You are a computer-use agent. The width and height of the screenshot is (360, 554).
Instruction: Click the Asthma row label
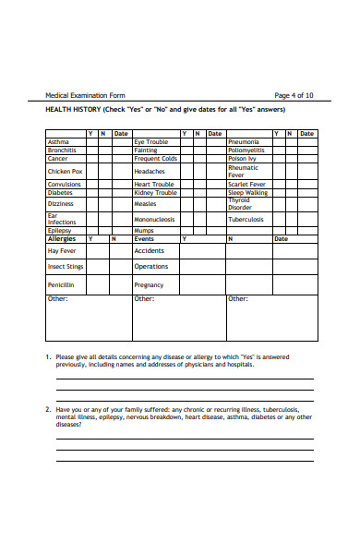[x=57, y=141]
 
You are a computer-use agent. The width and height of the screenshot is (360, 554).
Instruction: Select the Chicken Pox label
[x=65, y=171]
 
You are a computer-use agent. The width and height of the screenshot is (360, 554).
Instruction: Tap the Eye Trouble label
[x=151, y=141]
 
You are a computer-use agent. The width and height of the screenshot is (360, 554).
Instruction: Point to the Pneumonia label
[x=244, y=141]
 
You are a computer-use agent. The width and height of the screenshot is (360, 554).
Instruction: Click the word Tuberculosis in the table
[x=246, y=220]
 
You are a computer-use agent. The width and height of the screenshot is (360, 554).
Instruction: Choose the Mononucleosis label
[x=155, y=220]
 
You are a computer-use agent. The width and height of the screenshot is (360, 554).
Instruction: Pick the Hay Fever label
[x=61, y=250]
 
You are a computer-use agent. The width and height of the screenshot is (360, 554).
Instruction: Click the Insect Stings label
[x=66, y=267]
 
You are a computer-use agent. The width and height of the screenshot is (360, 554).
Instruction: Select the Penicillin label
[x=61, y=285]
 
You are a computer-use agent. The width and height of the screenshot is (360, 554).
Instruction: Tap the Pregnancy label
[x=149, y=285]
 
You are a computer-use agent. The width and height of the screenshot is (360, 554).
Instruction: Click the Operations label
[x=151, y=267]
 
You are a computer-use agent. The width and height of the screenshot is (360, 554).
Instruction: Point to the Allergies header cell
[x=61, y=238]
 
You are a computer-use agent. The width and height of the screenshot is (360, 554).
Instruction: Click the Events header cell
[x=144, y=238]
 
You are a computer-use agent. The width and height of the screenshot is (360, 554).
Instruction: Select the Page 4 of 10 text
[x=294, y=95]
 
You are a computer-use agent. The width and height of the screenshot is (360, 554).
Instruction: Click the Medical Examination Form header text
[x=85, y=95]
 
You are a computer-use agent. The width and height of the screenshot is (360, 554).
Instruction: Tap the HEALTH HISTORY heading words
[x=74, y=110]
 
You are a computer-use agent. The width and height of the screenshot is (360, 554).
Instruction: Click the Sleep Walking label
[x=247, y=192]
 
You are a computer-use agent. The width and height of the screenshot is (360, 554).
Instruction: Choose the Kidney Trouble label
[x=155, y=192]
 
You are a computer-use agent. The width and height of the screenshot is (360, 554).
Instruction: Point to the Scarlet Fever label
[x=246, y=184]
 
